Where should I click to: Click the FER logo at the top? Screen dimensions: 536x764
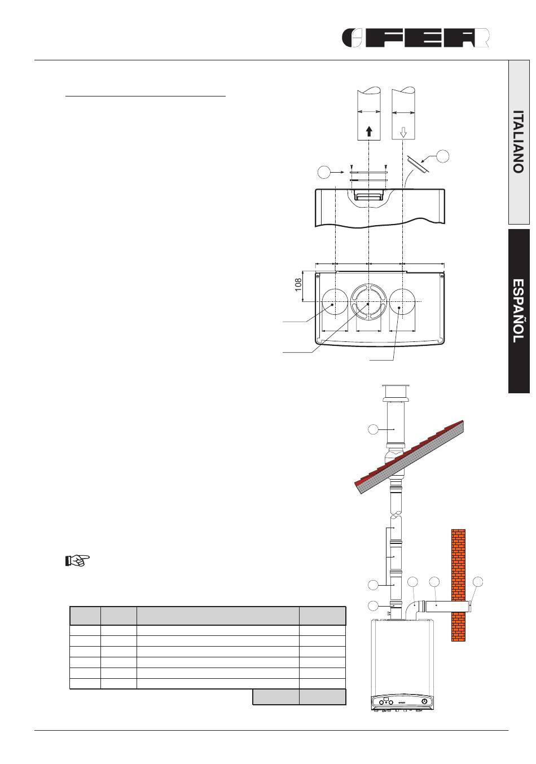[x=416, y=38]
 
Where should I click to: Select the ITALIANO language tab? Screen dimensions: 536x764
[x=519, y=142]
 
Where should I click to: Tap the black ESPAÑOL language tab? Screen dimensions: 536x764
[x=519, y=311]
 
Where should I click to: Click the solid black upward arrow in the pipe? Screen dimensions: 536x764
[x=368, y=131]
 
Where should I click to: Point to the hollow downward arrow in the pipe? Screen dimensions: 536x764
[x=403, y=132]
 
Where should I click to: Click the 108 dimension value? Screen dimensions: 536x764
[x=298, y=285]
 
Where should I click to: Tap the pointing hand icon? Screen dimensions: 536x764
[x=77, y=560]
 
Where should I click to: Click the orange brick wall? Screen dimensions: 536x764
[x=458, y=585]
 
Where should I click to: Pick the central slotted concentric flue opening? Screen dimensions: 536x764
[x=368, y=302]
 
